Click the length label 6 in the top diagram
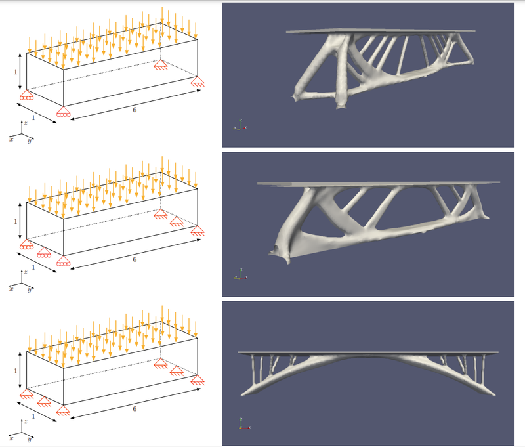(135, 110)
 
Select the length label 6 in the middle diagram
(135, 260)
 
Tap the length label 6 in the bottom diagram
(135, 408)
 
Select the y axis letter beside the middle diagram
(30, 289)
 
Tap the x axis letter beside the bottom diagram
(10, 436)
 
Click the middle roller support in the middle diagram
(45, 253)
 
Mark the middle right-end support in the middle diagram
(177, 222)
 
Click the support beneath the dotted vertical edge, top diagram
(160, 64)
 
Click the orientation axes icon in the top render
(241, 124)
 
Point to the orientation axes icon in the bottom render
(241, 423)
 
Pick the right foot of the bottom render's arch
(489, 393)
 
